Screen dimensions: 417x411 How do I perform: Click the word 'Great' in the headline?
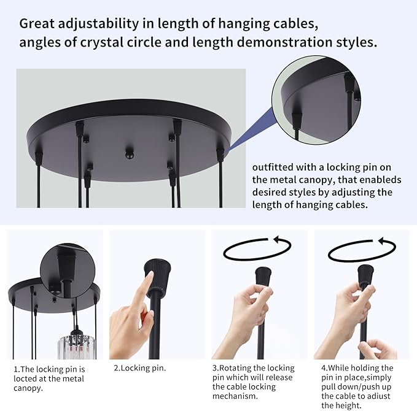[x=37, y=23]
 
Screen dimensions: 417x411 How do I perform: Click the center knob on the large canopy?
[x=129, y=153]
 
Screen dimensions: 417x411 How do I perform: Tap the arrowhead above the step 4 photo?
[x=383, y=241]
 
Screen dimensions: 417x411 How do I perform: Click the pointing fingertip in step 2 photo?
[x=150, y=275]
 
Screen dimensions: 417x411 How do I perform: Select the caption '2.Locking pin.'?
[x=140, y=368]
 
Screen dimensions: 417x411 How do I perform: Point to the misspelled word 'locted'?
[x=26, y=378]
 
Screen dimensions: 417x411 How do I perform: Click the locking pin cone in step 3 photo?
[x=263, y=277]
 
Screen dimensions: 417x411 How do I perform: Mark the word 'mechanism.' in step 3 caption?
[x=235, y=396]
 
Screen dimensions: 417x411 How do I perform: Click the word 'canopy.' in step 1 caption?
[x=28, y=388]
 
